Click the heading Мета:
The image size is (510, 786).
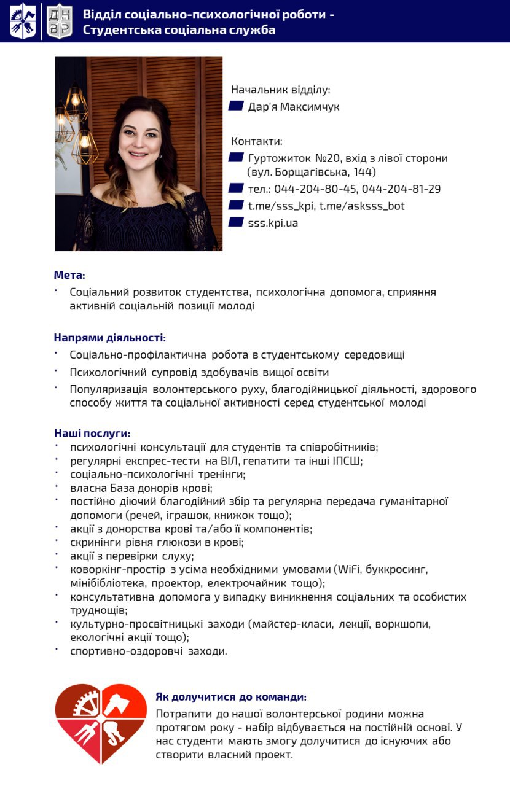69,274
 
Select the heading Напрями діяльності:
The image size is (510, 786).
109,338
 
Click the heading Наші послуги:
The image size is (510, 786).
92,434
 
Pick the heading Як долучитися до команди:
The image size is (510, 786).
230,697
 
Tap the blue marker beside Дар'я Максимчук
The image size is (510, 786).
236,106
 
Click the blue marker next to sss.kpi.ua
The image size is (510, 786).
236,222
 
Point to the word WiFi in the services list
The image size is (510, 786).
350,569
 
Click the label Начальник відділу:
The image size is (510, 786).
280,90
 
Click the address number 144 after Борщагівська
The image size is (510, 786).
366,173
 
